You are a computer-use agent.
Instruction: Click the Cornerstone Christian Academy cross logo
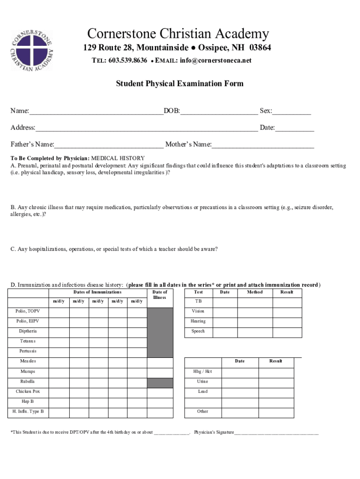(x=32, y=51)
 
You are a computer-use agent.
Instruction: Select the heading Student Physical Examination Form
(x=180, y=84)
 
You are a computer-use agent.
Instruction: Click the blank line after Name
(x=96, y=112)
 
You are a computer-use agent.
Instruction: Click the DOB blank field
(x=218, y=112)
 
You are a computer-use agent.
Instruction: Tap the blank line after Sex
(x=292, y=112)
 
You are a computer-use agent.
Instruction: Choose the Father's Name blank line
(x=109, y=145)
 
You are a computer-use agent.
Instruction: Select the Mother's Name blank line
(x=263, y=145)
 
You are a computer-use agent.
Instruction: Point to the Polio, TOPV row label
(x=28, y=311)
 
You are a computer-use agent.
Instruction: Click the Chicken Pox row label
(x=28, y=392)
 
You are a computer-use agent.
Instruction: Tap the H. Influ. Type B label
(x=28, y=412)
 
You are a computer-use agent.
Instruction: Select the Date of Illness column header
(x=160, y=295)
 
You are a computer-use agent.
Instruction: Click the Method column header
(x=255, y=292)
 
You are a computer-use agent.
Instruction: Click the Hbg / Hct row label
(x=202, y=372)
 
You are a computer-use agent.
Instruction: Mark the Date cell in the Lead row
(x=239, y=392)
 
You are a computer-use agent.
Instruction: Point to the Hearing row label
(x=198, y=321)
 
